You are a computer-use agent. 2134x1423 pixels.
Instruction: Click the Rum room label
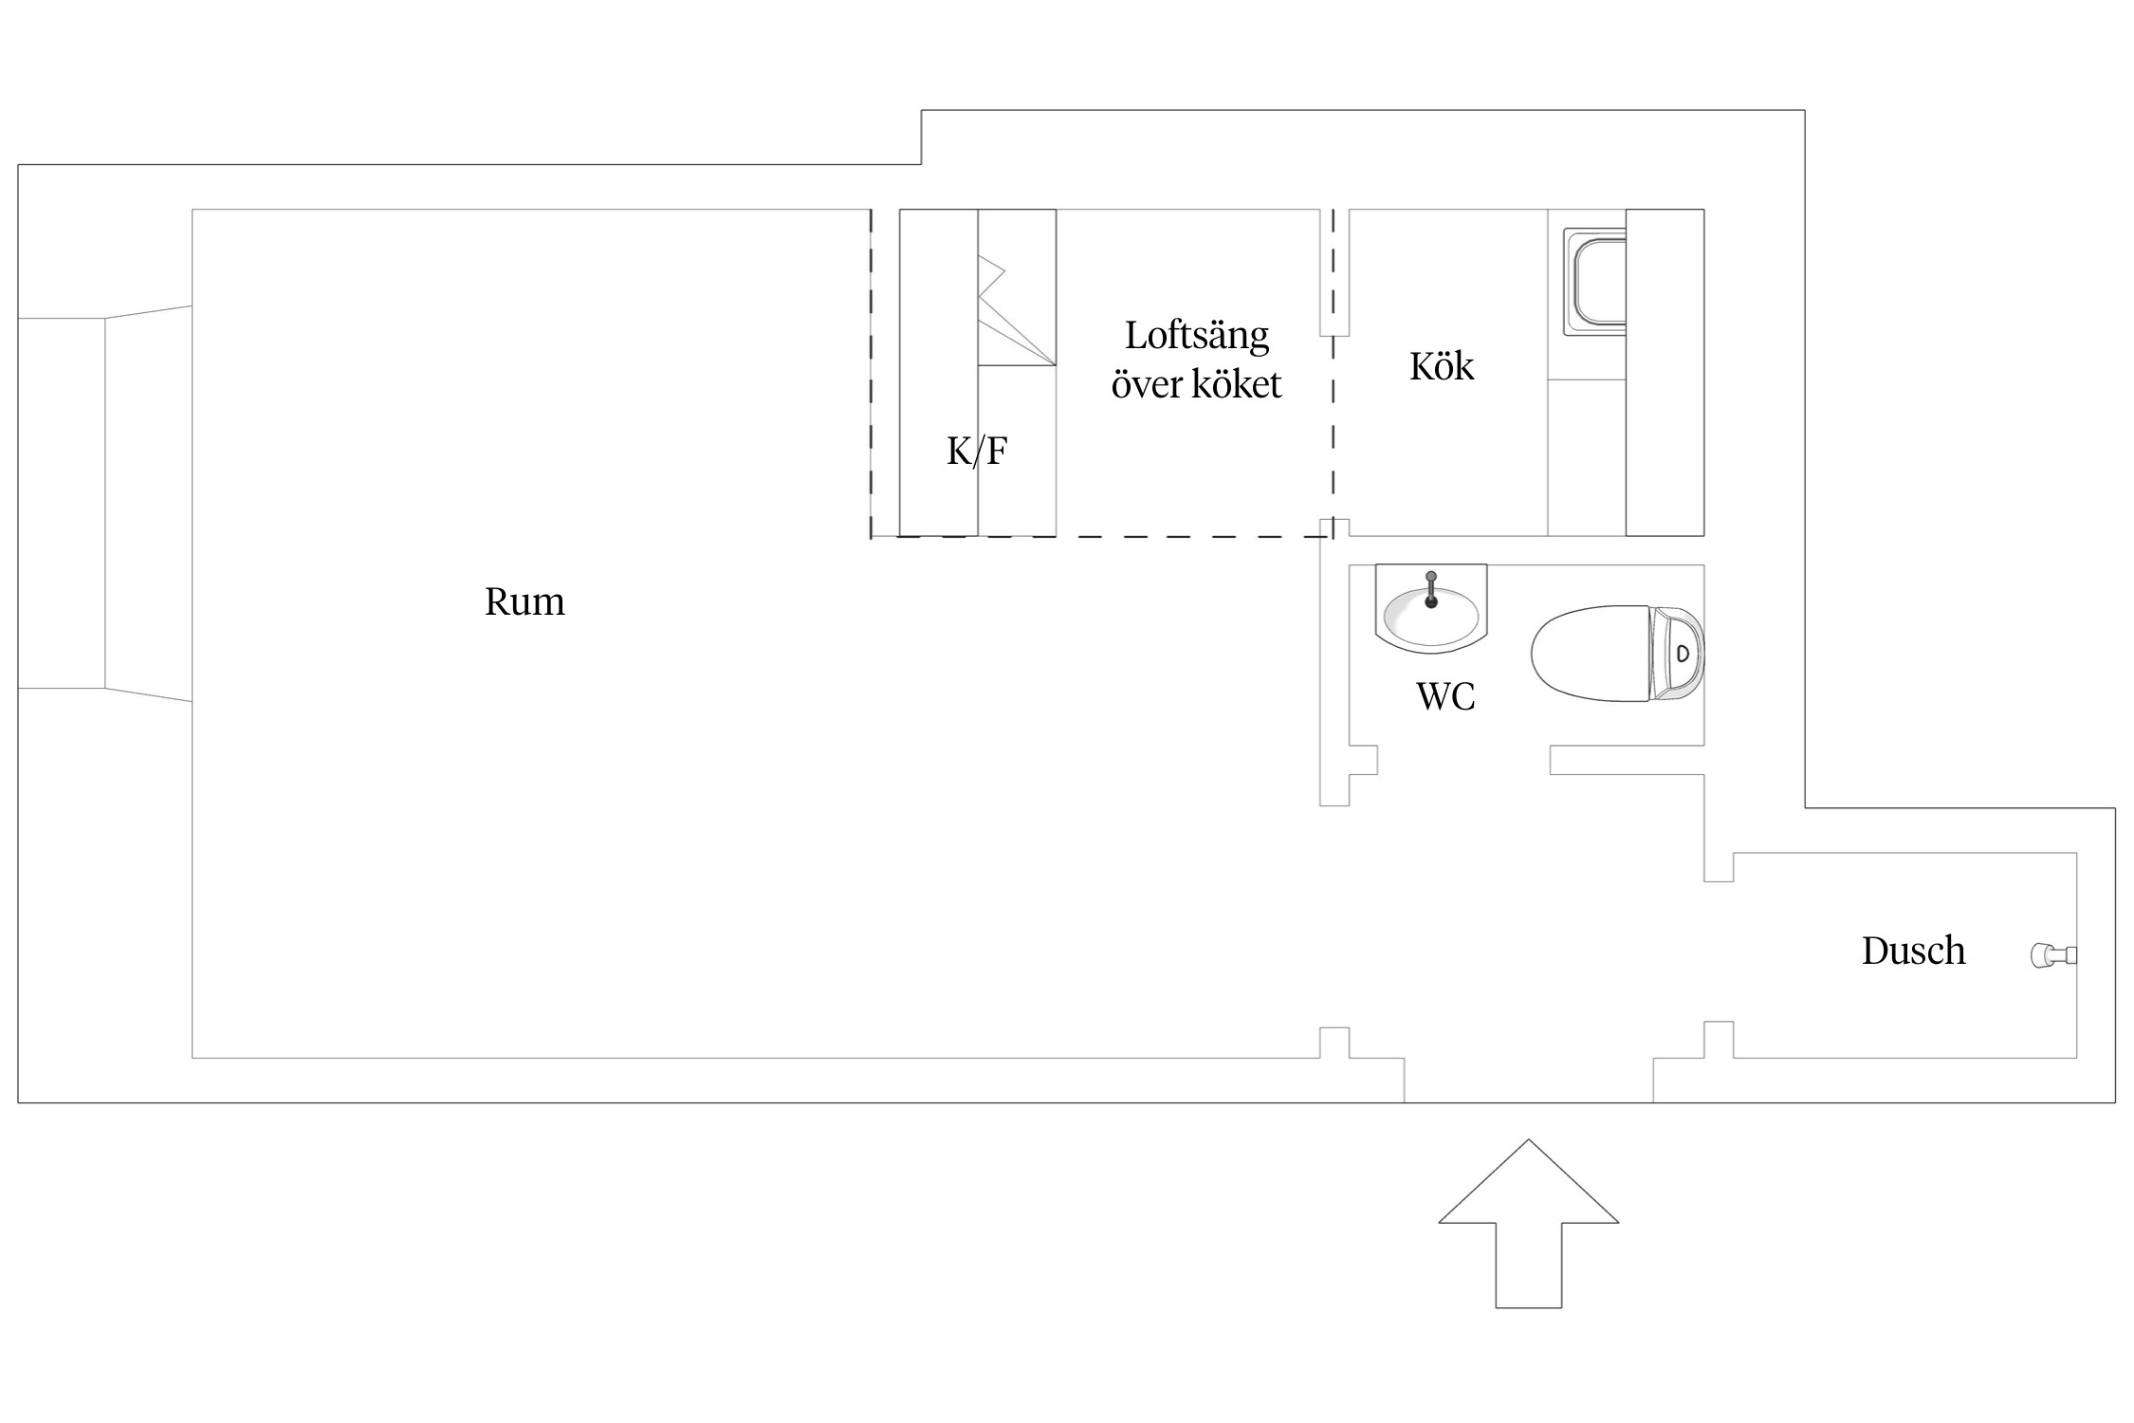[x=524, y=601]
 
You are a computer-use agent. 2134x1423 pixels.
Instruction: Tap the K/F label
[x=977, y=451]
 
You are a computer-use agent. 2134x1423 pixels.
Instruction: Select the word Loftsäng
[x=1197, y=337]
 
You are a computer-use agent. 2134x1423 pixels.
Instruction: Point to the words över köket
[x=1196, y=384]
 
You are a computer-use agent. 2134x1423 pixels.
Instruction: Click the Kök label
[x=1442, y=366]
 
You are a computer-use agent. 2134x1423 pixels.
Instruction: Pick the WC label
[x=1446, y=696]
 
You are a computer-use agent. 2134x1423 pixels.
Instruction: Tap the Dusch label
[x=1913, y=951]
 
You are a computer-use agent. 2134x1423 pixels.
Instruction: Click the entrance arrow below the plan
[x=1528, y=1224]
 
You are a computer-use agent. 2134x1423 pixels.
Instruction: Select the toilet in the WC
[x=1618, y=654]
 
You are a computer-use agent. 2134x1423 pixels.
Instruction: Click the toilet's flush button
[x=1683, y=654]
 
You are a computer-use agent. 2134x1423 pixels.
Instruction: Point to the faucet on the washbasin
[x=1431, y=589]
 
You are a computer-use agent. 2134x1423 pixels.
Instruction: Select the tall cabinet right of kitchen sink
[x=1665, y=372]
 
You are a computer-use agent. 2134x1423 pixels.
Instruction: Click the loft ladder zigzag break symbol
[x=992, y=280]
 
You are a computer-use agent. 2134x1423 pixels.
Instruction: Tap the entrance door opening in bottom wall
[x=1528, y=1081]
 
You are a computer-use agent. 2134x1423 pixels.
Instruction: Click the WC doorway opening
[x=1463, y=760]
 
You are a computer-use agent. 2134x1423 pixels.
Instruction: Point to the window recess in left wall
[x=104, y=503]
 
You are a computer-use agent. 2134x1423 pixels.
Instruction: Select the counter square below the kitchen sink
[x=1587, y=457]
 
